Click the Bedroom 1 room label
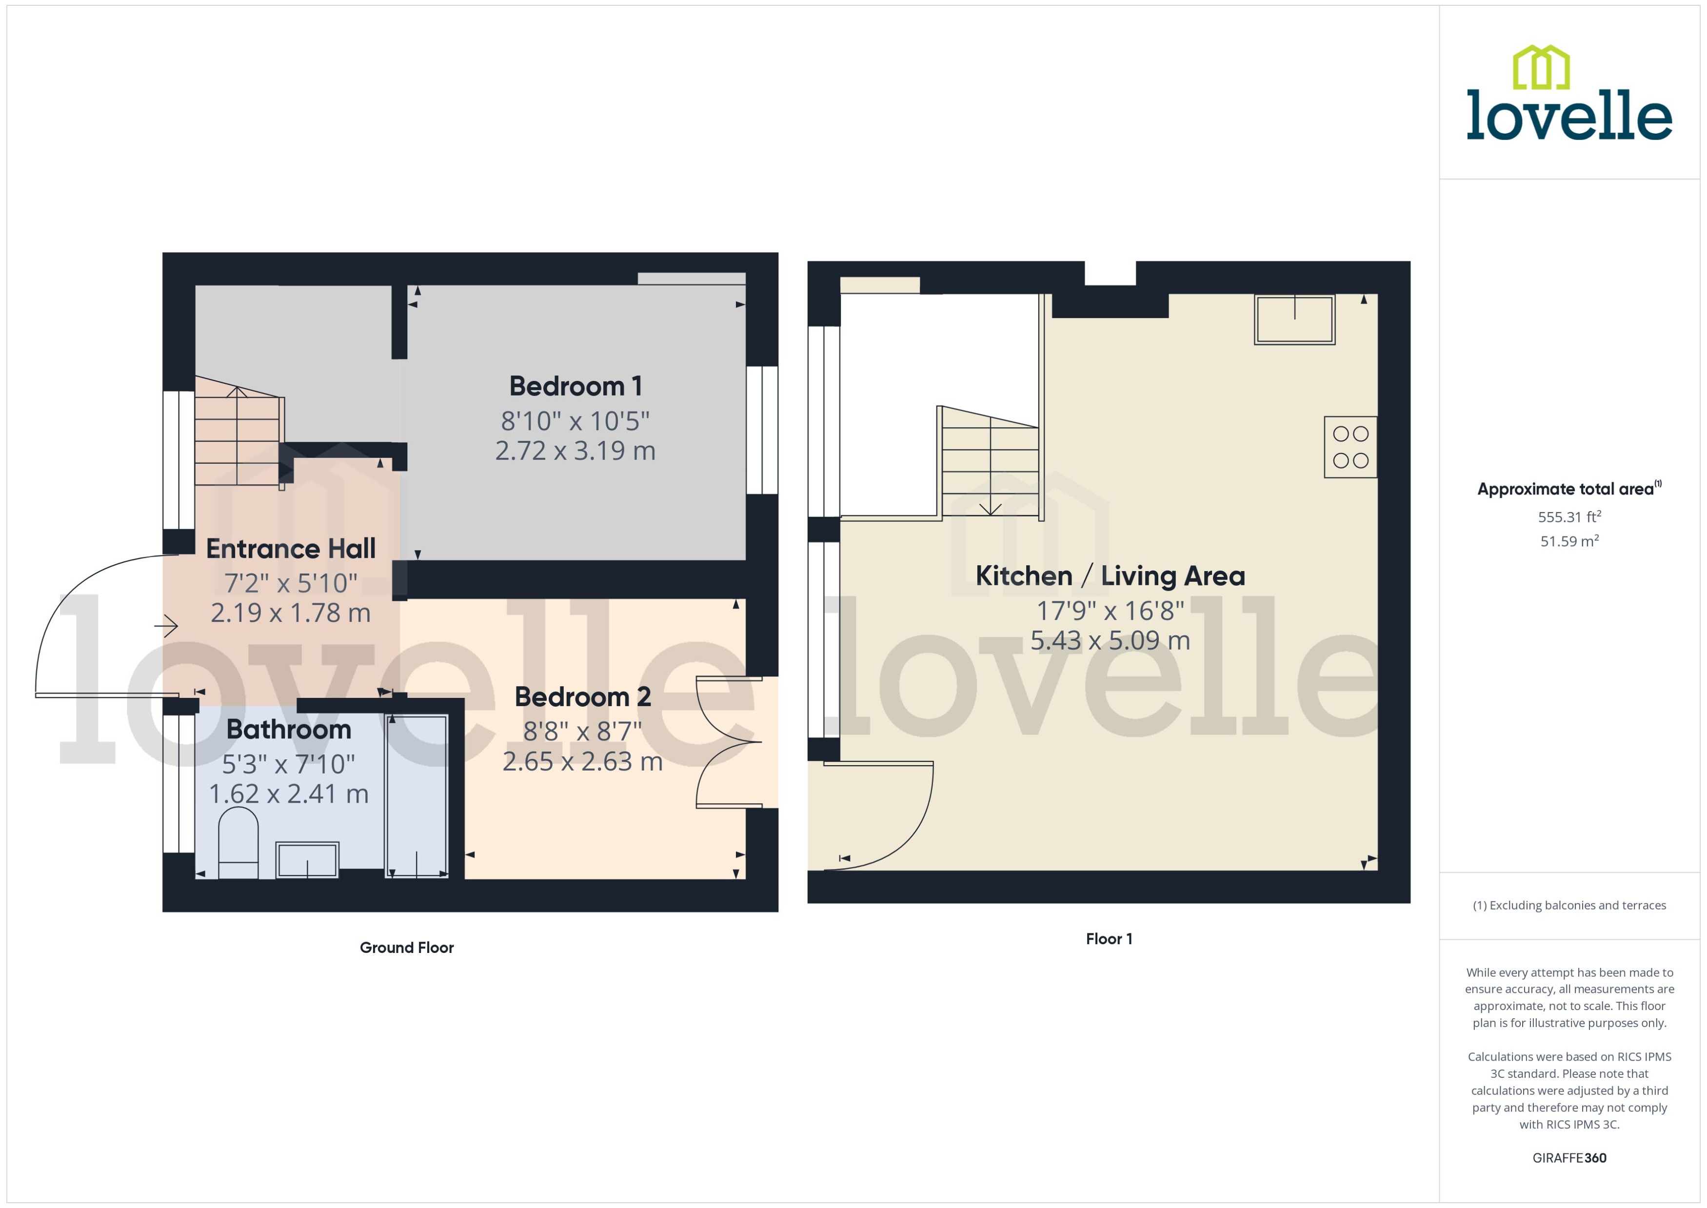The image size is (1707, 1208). click(575, 386)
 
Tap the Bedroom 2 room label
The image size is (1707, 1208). click(582, 697)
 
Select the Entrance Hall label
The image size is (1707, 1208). click(291, 549)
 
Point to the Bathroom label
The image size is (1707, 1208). click(289, 730)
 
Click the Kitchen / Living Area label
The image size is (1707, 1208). click(1110, 576)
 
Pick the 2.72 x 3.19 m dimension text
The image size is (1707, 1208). click(575, 451)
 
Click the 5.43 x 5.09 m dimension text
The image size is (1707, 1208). click(1110, 640)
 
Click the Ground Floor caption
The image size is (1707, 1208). click(406, 948)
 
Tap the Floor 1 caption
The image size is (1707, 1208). click(1108, 939)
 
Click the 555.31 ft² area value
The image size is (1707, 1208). click(1568, 517)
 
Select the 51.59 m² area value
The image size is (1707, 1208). click(1568, 541)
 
